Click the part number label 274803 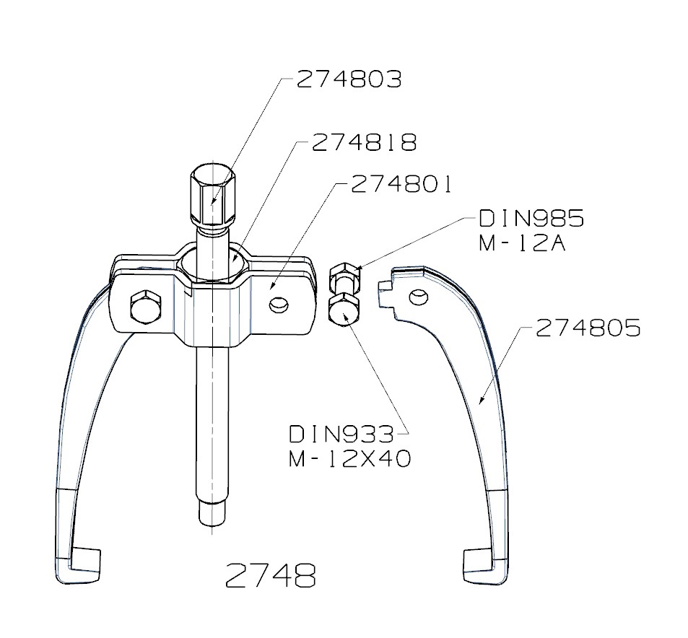coord(349,79)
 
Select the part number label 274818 coord(365,143)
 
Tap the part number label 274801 coord(401,185)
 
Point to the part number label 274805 coord(588,329)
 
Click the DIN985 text coord(531,219)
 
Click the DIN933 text coord(341,434)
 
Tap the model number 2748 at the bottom coord(270,575)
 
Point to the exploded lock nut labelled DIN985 coord(343,278)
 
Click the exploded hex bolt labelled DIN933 coord(344,308)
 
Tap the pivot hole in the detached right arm coord(416,296)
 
